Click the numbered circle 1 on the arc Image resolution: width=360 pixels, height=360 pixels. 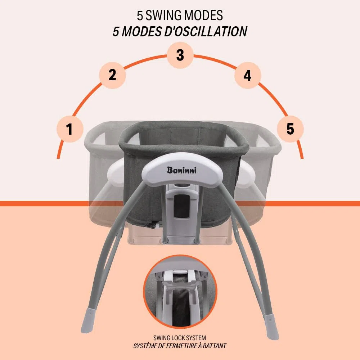click(70, 129)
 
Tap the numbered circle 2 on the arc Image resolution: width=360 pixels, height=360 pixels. click(112, 75)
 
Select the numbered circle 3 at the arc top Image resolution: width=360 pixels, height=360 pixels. click(180, 55)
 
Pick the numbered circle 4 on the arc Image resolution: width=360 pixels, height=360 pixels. click(248, 75)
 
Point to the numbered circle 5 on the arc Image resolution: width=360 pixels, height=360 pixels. click(291, 129)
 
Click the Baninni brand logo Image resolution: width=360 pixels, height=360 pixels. click(181, 170)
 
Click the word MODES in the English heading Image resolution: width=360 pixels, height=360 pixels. click(203, 15)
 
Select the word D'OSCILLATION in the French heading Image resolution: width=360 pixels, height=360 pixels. click(206, 31)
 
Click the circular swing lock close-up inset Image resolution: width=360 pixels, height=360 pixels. click(180, 292)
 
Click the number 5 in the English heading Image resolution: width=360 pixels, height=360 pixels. click(140, 15)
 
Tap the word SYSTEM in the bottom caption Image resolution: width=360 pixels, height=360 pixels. click(196, 338)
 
